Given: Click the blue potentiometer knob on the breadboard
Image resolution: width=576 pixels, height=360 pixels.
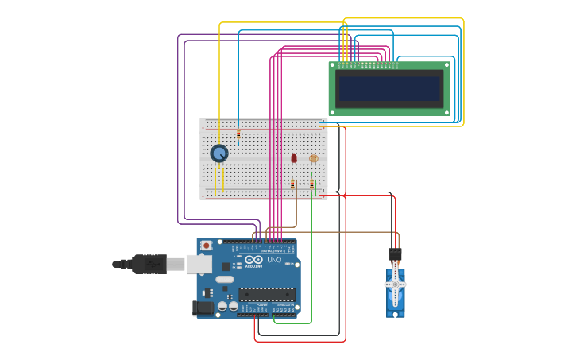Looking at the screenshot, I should tap(219, 153).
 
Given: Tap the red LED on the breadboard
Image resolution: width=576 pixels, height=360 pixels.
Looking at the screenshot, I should tap(294, 158).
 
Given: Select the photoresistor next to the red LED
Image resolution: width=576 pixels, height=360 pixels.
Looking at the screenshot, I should tap(313, 158).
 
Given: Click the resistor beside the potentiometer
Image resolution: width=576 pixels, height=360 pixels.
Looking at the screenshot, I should tap(238, 134).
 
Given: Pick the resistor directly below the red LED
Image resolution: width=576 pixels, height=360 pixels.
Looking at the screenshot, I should tap(292, 184).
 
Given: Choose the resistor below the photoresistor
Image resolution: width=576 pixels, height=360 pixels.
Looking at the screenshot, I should tap(312, 184).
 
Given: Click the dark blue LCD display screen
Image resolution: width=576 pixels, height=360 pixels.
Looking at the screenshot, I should tap(389, 88).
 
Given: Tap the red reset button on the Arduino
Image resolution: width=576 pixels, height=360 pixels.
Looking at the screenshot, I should tap(207, 246).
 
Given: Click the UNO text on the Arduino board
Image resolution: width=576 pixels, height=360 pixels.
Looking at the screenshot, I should tap(273, 260).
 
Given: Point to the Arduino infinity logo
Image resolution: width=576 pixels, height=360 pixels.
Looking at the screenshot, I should tap(254, 260).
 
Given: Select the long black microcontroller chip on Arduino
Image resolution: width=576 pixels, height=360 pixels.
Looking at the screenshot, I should tap(267, 294).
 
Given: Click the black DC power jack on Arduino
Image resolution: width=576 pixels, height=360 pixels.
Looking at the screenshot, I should tap(203, 308).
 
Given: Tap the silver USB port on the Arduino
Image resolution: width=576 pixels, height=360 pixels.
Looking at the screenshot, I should tap(199, 264).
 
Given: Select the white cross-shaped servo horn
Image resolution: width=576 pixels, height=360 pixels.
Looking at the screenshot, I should tap(396, 284).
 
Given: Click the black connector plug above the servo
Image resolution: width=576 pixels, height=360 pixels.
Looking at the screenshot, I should tap(395, 254).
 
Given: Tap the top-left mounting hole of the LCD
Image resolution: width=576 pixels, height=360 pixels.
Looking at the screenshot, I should tap(334, 66).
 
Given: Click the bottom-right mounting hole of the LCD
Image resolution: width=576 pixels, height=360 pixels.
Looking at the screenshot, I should tap(446, 111).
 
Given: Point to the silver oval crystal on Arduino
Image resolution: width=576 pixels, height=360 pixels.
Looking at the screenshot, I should tap(225, 279).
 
